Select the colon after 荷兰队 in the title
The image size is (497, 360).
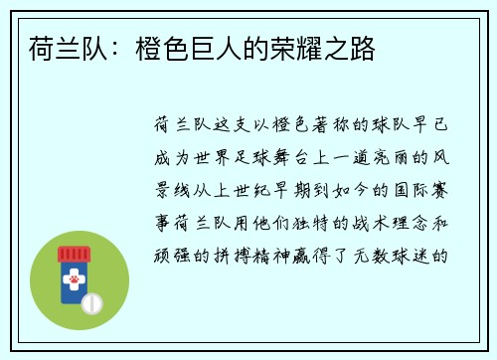click(106, 49)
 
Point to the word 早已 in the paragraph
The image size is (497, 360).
click(437, 126)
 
